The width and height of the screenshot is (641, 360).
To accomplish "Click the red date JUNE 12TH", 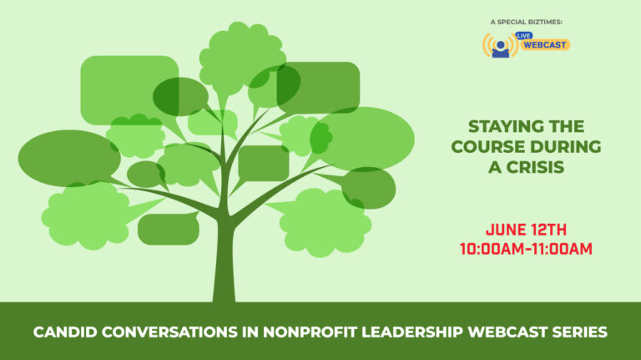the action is [x=526, y=230].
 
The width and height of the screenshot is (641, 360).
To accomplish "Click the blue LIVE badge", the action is [x=523, y=36].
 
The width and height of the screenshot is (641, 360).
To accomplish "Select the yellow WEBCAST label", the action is [x=545, y=45].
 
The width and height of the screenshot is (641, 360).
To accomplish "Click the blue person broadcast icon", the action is [x=501, y=48].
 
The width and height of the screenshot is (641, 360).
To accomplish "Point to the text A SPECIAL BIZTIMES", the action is [x=526, y=22].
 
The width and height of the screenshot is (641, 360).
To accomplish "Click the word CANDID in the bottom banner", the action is [x=65, y=332].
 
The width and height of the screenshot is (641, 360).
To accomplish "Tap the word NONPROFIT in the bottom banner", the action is [x=310, y=332].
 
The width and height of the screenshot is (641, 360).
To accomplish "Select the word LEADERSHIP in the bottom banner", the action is [x=412, y=332].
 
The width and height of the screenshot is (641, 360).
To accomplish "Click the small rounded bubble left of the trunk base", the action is [x=169, y=229].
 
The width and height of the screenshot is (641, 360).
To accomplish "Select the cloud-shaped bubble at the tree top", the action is [x=242, y=58].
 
